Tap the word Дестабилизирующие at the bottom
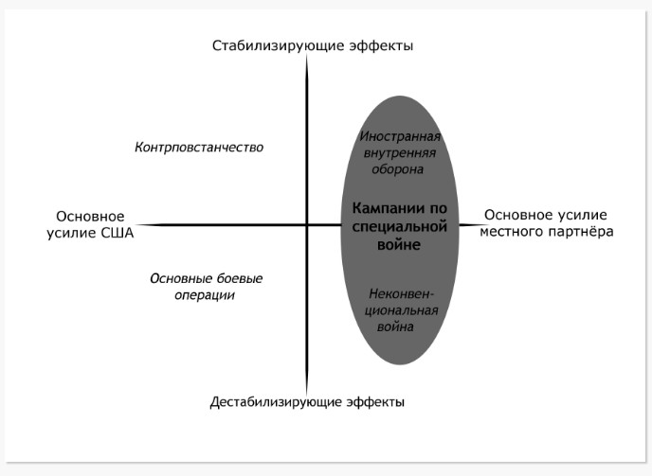click(x=276, y=402)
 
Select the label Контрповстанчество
click(x=199, y=147)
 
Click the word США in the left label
click(x=118, y=233)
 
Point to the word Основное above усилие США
click(x=90, y=217)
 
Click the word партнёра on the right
click(x=581, y=232)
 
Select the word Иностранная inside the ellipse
click(x=400, y=136)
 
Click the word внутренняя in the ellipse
click(x=400, y=153)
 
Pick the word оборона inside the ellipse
click(x=397, y=169)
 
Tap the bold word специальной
click(x=400, y=227)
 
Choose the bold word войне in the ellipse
click(x=399, y=245)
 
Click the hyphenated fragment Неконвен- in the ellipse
click(x=401, y=294)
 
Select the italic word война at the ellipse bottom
click(x=395, y=326)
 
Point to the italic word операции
click(x=205, y=295)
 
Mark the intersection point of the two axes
click(x=307, y=225)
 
